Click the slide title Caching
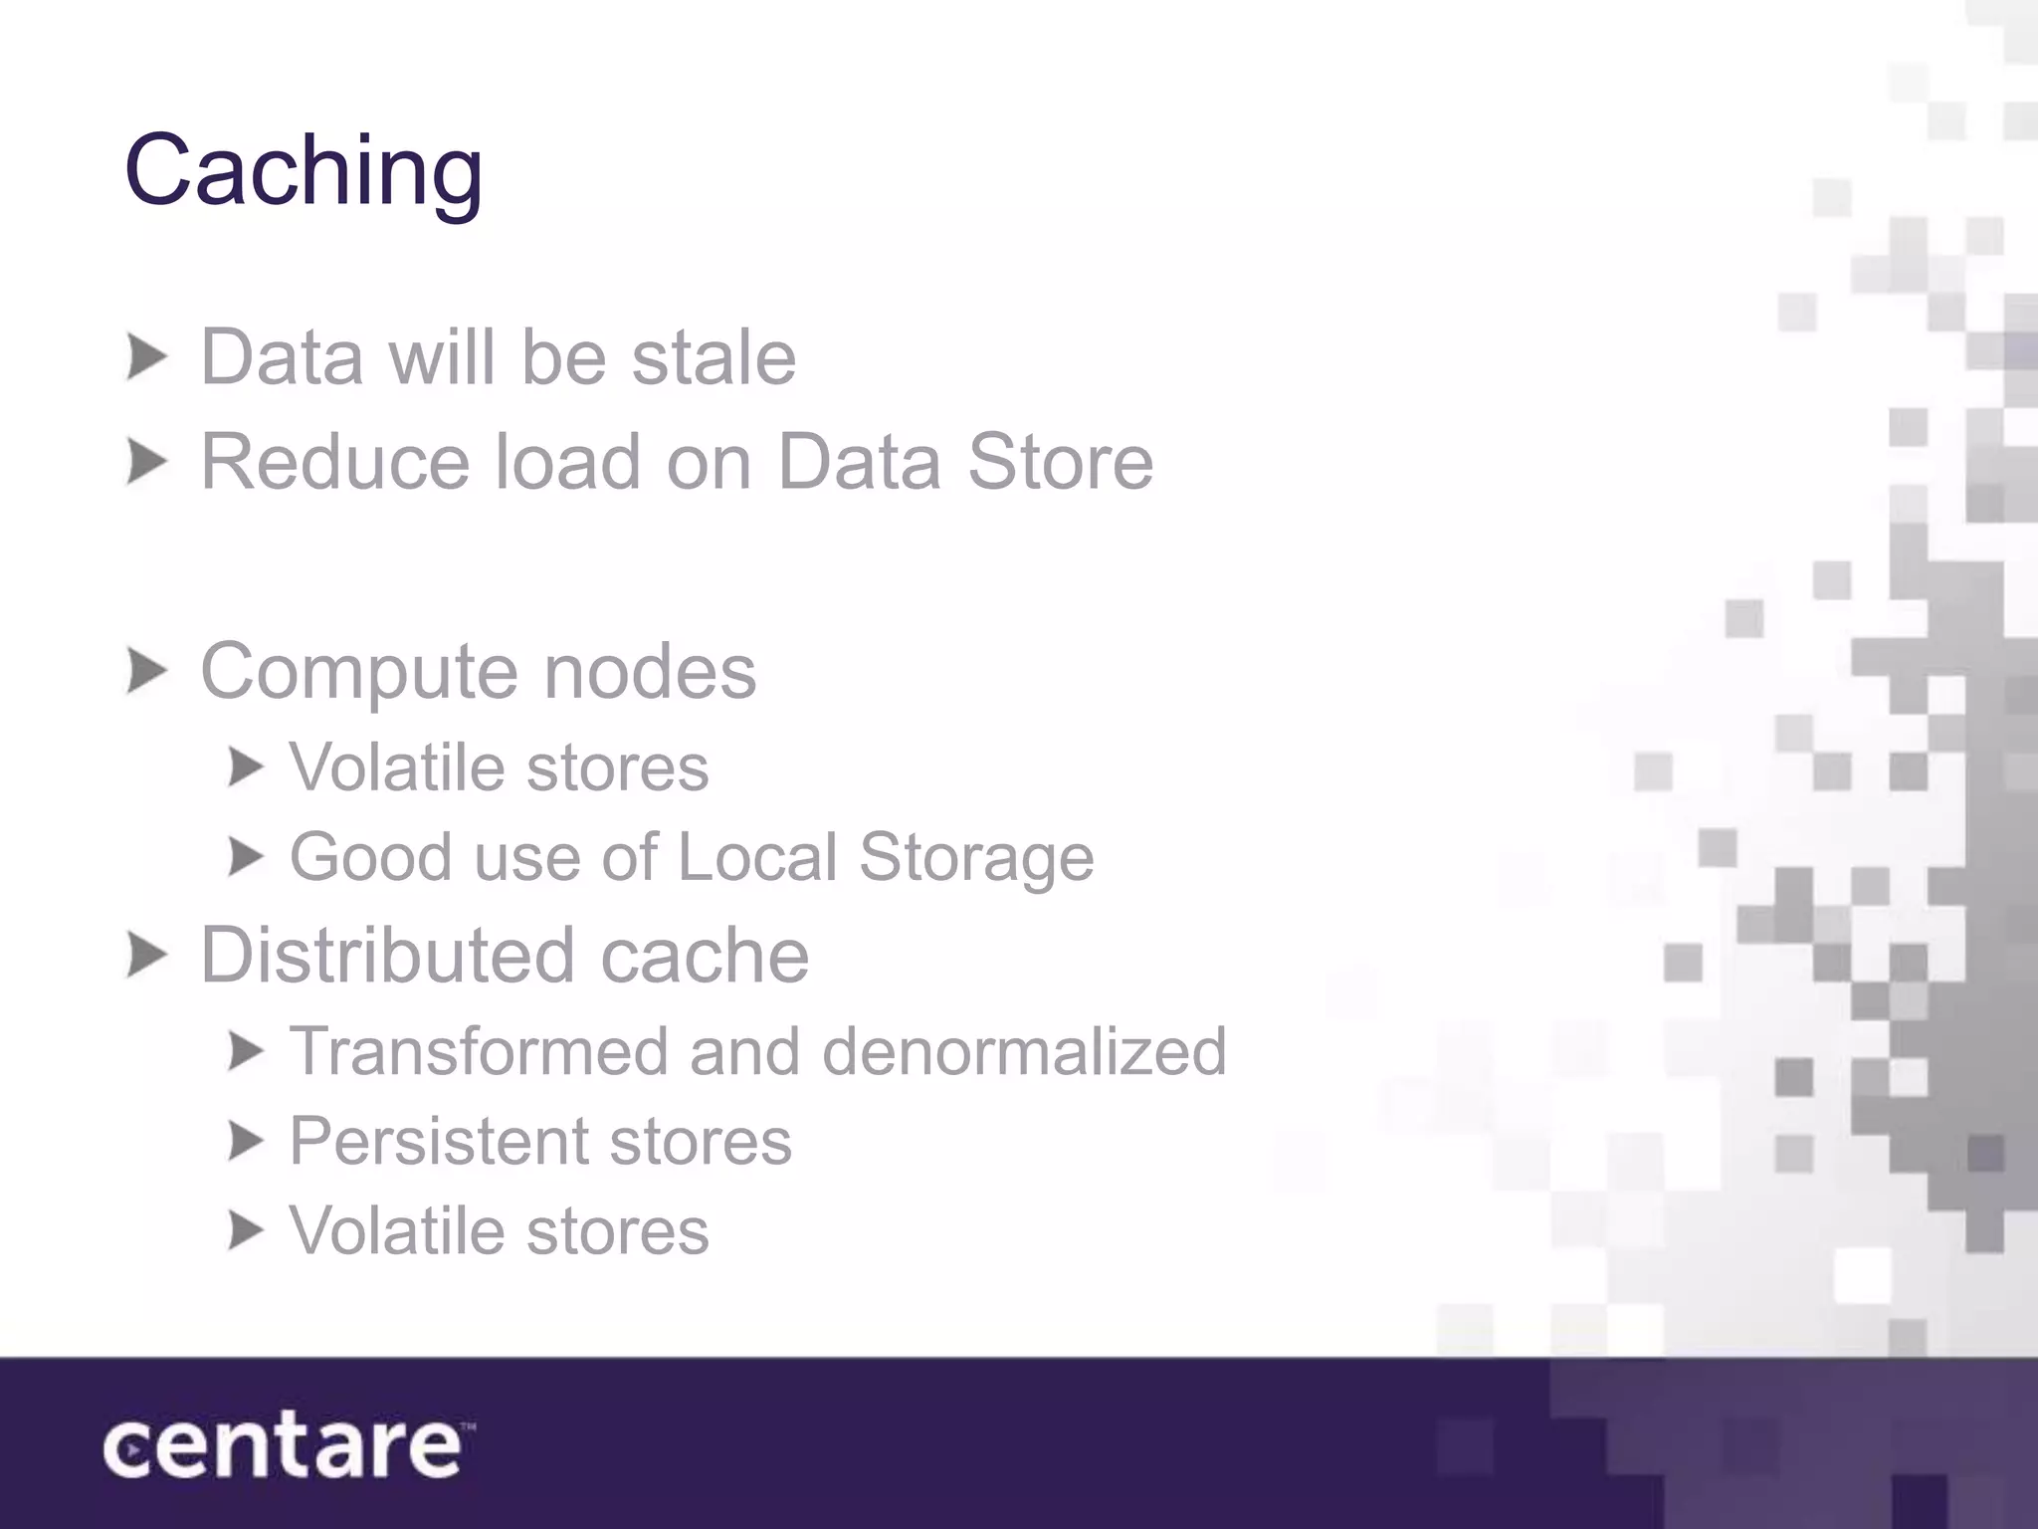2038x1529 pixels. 304,171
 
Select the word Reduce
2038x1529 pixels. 334,462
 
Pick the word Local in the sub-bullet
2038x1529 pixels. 757,857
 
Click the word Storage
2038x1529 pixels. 976,859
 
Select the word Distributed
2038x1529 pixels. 387,955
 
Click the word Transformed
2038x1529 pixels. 478,1051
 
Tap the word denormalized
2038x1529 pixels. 1024,1051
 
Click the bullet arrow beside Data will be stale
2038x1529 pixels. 147,357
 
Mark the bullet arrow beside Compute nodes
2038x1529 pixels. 147,671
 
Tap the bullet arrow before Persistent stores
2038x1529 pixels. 245,1141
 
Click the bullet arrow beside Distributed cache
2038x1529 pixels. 147,956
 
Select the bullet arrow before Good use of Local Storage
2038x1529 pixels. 245,857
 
